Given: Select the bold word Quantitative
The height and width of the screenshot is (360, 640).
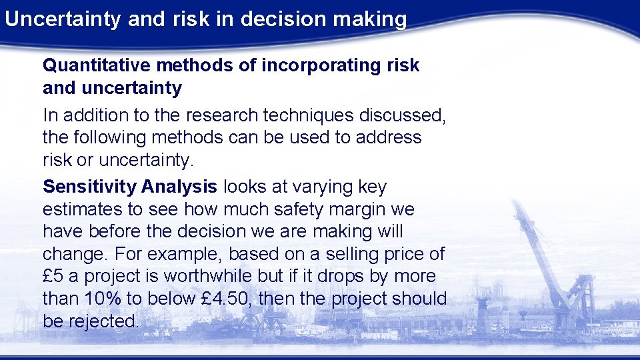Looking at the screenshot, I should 101,65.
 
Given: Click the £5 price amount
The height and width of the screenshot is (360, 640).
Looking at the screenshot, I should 52,277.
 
